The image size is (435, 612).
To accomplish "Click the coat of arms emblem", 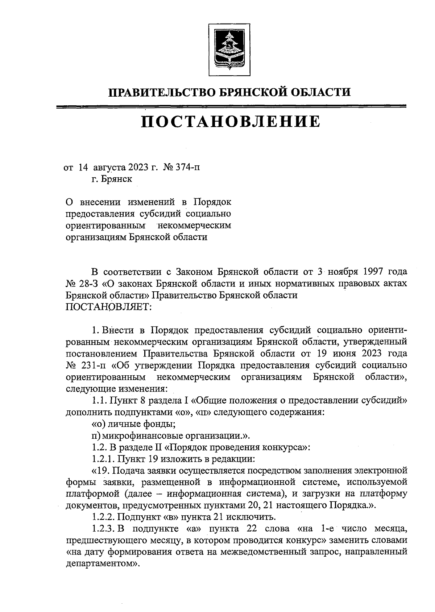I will click(x=229, y=49).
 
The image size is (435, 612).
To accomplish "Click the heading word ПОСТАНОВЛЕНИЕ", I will click(x=231, y=122).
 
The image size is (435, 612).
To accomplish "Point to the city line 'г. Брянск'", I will click(x=112, y=179).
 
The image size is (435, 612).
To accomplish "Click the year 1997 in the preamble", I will click(x=371, y=272).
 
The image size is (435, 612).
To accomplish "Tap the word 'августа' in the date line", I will click(x=109, y=168).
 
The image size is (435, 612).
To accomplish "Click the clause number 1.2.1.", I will click(x=103, y=459).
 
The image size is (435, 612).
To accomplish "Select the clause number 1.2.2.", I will click(x=103, y=516).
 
